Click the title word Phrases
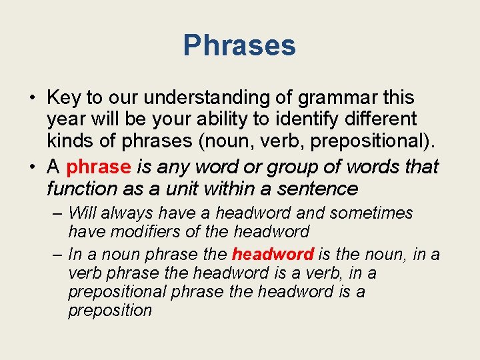[239, 46]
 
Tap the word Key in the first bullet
[65, 97]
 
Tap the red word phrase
[99, 166]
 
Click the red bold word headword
[273, 254]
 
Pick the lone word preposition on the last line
[110, 311]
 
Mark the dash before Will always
[57, 213]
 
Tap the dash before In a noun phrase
[57, 254]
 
